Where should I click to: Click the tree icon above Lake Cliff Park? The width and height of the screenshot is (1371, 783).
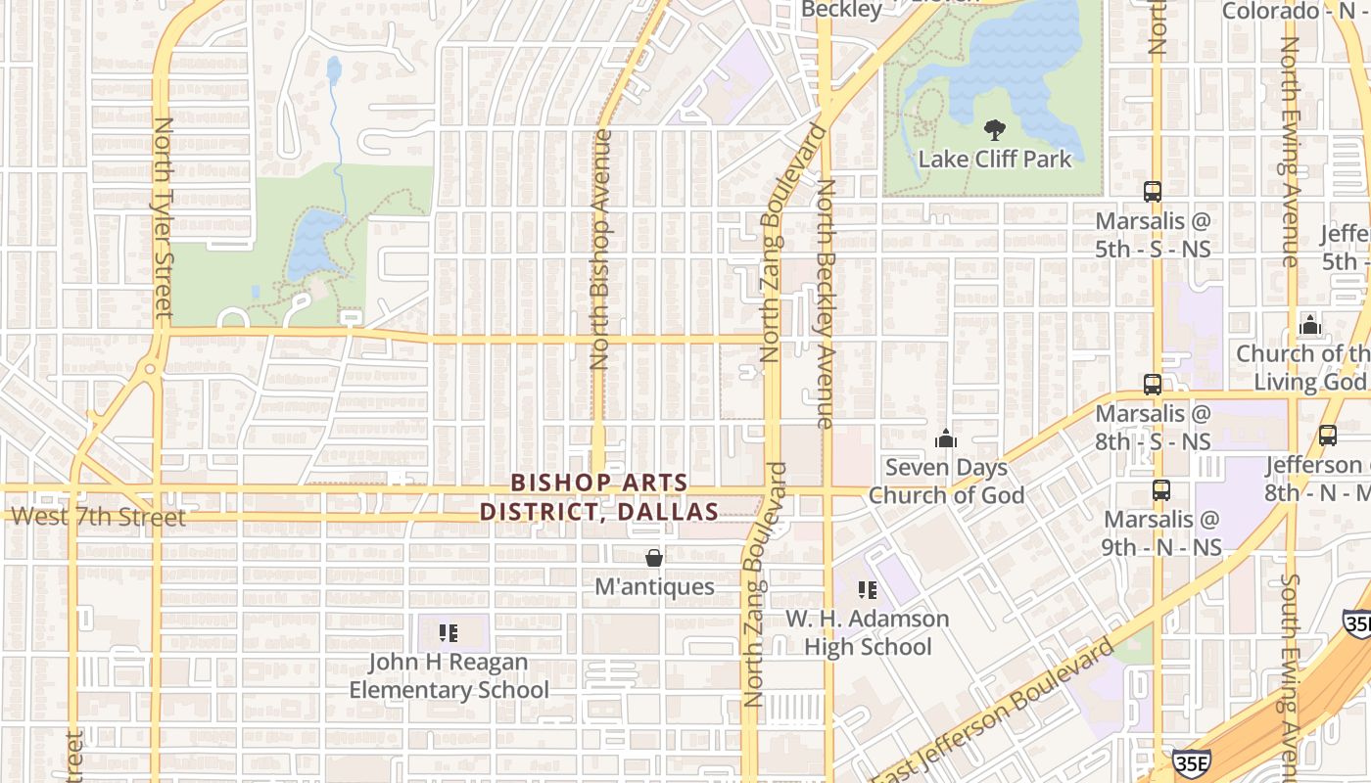[994, 130]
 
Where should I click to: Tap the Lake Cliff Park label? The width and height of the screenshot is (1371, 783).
[994, 159]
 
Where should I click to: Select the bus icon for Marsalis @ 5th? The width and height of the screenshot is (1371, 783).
[1153, 192]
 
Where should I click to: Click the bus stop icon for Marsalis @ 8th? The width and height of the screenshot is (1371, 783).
[1153, 385]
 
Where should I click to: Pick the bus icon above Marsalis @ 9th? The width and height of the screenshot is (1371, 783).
[1161, 490]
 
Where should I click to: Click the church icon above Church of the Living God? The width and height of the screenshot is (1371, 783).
[1309, 325]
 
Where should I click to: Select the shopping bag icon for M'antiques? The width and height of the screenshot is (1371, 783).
[654, 558]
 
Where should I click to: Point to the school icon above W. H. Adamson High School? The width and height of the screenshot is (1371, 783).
[867, 590]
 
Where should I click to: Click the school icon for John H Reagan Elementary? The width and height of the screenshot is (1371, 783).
[449, 633]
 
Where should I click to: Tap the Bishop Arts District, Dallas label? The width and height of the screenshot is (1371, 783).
[598, 497]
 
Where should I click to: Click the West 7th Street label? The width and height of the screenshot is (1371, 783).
[97, 517]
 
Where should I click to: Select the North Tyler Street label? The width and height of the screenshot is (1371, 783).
[164, 217]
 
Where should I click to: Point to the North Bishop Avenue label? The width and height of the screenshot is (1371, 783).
[600, 250]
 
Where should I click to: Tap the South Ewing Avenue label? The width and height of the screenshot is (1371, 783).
[1291, 675]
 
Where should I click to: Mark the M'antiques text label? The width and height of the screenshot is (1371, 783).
[654, 587]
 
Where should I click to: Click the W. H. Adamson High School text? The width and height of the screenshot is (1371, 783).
[868, 633]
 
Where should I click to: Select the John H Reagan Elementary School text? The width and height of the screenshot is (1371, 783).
[449, 676]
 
